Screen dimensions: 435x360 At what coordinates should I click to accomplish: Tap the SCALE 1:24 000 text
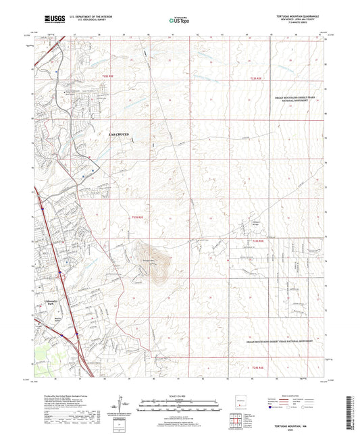[178, 394]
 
